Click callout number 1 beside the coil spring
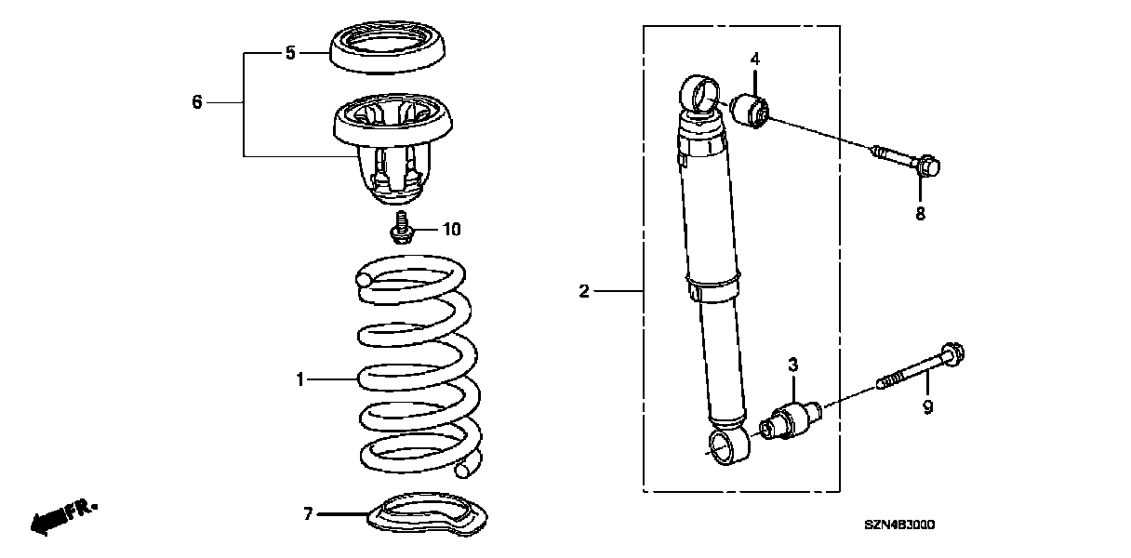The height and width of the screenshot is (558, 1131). tap(299, 379)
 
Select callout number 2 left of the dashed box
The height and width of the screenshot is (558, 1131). tap(584, 291)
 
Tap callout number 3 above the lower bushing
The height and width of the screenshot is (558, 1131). tap(793, 364)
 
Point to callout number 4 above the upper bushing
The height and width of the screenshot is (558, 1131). tap(755, 60)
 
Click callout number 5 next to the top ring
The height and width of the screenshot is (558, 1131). tap(290, 52)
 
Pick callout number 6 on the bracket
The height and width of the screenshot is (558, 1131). tap(197, 102)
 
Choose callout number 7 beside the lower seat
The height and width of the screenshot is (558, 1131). tap(309, 514)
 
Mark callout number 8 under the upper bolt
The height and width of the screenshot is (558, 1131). tap(921, 214)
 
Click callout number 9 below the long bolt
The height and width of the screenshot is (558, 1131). tap(928, 407)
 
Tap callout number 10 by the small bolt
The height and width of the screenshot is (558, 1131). tap(452, 230)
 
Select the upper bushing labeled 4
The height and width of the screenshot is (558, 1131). tap(750, 111)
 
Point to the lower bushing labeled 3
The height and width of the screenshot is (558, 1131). tap(791, 420)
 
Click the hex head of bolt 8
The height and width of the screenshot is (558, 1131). tap(928, 166)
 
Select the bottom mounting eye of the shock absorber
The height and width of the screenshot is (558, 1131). tap(728, 445)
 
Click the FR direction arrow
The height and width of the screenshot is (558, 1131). tap(63, 517)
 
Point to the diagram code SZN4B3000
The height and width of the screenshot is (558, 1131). tap(899, 525)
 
